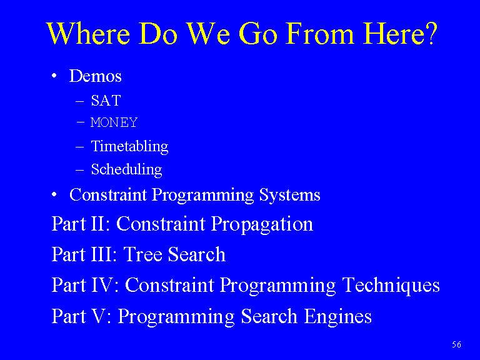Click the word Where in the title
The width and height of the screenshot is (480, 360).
(x=89, y=34)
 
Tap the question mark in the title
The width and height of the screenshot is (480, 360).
(x=432, y=33)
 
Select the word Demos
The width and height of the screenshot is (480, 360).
(x=96, y=76)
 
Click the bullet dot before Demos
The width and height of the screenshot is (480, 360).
(x=54, y=76)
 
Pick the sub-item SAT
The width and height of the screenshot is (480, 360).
(x=106, y=101)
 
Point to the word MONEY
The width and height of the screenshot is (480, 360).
(x=114, y=122)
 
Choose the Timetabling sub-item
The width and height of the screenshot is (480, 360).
(x=130, y=147)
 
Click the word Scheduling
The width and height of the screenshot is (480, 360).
(x=127, y=170)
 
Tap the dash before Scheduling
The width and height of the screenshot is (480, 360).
(x=80, y=170)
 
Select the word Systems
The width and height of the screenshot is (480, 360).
(x=289, y=195)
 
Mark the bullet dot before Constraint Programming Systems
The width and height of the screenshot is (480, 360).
(x=54, y=194)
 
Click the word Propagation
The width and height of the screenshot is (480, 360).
(x=262, y=225)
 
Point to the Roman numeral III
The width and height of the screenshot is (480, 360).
(x=102, y=254)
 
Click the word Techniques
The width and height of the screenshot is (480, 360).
(x=391, y=286)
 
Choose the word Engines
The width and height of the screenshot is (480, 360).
(x=337, y=317)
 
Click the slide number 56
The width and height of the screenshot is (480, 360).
(x=456, y=345)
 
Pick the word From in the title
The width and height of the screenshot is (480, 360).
(x=319, y=34)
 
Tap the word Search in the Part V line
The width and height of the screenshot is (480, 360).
(x=269, y=316)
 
